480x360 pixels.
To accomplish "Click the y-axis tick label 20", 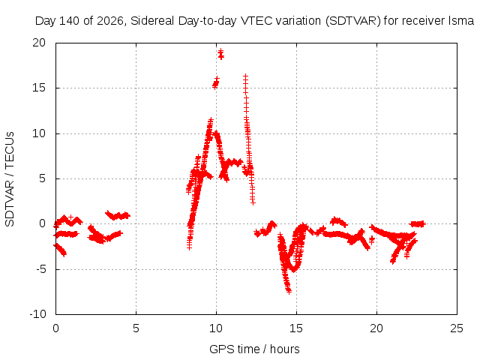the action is point(39,43).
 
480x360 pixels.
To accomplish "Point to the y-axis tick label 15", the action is point(39,88).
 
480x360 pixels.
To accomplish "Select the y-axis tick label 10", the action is point(39,133).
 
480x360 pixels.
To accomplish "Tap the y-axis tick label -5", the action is point(40,269).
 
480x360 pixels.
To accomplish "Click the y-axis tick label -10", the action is point(37,314).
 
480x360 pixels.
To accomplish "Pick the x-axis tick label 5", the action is point(136,328).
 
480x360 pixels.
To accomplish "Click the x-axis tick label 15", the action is point(296,328).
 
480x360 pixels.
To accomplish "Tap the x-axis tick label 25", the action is point(457,328).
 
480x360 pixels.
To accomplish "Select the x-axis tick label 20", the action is point(376,328).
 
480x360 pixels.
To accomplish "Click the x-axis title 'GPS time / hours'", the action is point(254,349).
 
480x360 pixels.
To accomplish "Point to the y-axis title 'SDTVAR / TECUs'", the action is point(10,179).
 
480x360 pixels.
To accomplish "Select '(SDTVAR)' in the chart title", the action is point(353,21).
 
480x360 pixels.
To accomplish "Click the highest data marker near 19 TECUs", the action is point(220,51).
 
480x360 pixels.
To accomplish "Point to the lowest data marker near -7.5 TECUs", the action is point(289,292).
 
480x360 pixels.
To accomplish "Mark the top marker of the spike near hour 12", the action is point(245,76).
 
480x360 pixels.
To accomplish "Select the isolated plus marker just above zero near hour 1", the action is point(70,217).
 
